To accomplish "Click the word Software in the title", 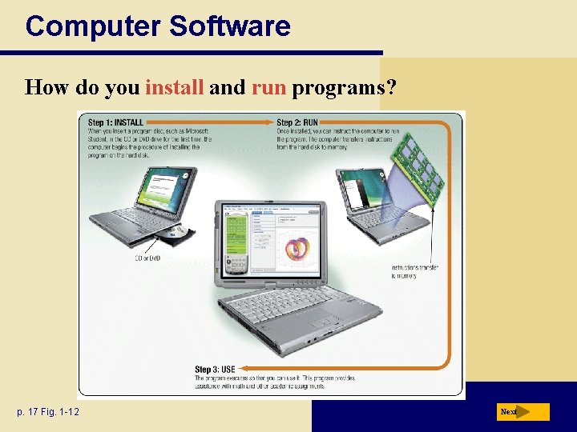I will coord(229,26).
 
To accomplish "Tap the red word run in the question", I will coord(268,87).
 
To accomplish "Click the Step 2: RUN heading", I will coord(297,122).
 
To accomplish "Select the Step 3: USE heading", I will coord(215,370).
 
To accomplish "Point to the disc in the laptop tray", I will coord(178,234).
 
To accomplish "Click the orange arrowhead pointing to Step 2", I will coord(270,122).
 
